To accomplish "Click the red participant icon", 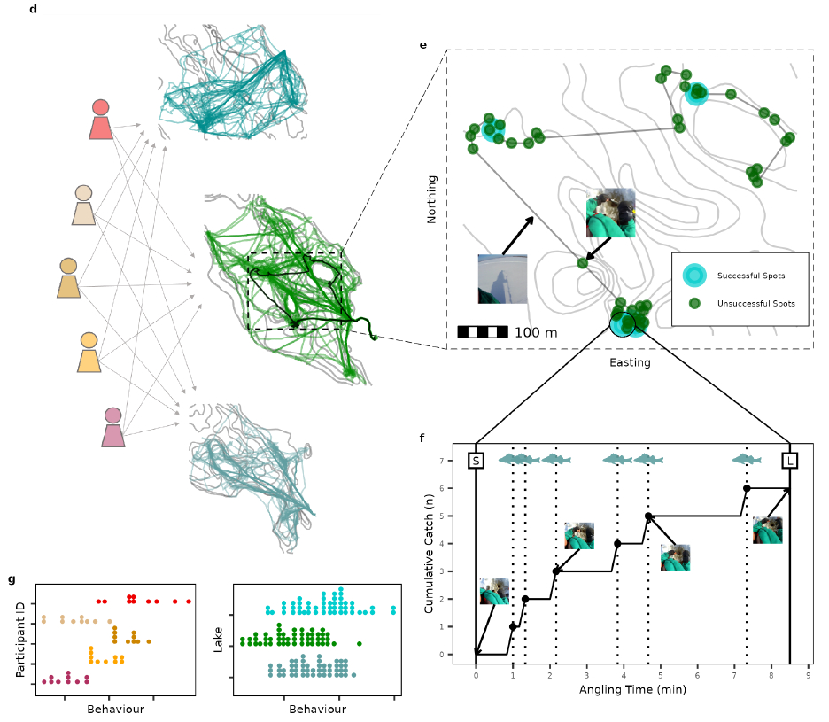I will (100, 120).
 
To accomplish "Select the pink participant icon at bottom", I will (112, 428).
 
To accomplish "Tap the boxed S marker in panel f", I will (476, 461).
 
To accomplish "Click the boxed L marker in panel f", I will (789, 461).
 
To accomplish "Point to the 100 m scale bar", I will (483, 332).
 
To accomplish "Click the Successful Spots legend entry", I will (750, 276).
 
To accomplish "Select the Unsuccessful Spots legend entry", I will (755, 303).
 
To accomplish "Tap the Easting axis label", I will (630, 362).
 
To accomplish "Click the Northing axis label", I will (432, 199).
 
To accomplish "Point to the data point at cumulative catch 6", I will (747, 488).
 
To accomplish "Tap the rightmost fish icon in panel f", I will (747, 459).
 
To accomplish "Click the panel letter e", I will (423, 44).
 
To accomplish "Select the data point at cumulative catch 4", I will (617, 544).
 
